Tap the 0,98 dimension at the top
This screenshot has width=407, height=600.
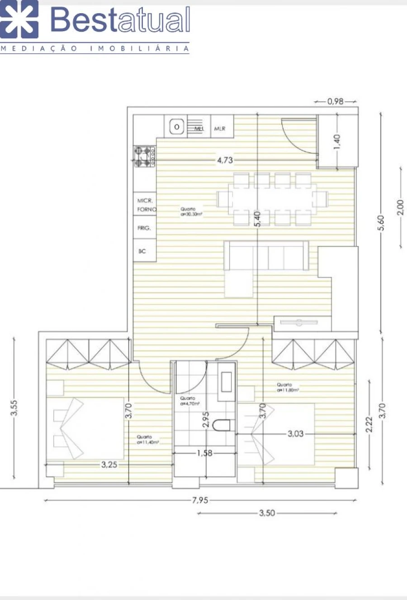pos(336,102)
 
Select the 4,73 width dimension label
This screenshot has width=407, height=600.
pos(225,160)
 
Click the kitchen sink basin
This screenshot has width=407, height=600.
pos(177,128)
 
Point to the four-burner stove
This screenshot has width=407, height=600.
pos(144,156)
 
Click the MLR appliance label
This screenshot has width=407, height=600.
pos(220,129)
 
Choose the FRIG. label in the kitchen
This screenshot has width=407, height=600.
pos(144,228)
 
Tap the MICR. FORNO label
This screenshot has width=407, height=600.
pos(146,205)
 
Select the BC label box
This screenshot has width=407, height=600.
pos(142,251)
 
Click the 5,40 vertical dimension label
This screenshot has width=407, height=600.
pos(257,219)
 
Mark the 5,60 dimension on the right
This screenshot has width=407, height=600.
pos(381,222)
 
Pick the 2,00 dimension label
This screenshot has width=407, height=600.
pos(400,207)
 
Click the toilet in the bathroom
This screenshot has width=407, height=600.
pos(223,425)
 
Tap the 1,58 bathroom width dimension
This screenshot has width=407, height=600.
pos(204,453)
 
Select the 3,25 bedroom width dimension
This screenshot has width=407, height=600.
pos(109,464)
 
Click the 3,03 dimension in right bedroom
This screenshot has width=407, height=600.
pos(295,434)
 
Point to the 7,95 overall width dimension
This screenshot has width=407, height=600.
pos(200,500)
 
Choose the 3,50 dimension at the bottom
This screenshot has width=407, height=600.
pos(267,513)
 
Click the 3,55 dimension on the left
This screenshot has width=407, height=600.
pos(14,408)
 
